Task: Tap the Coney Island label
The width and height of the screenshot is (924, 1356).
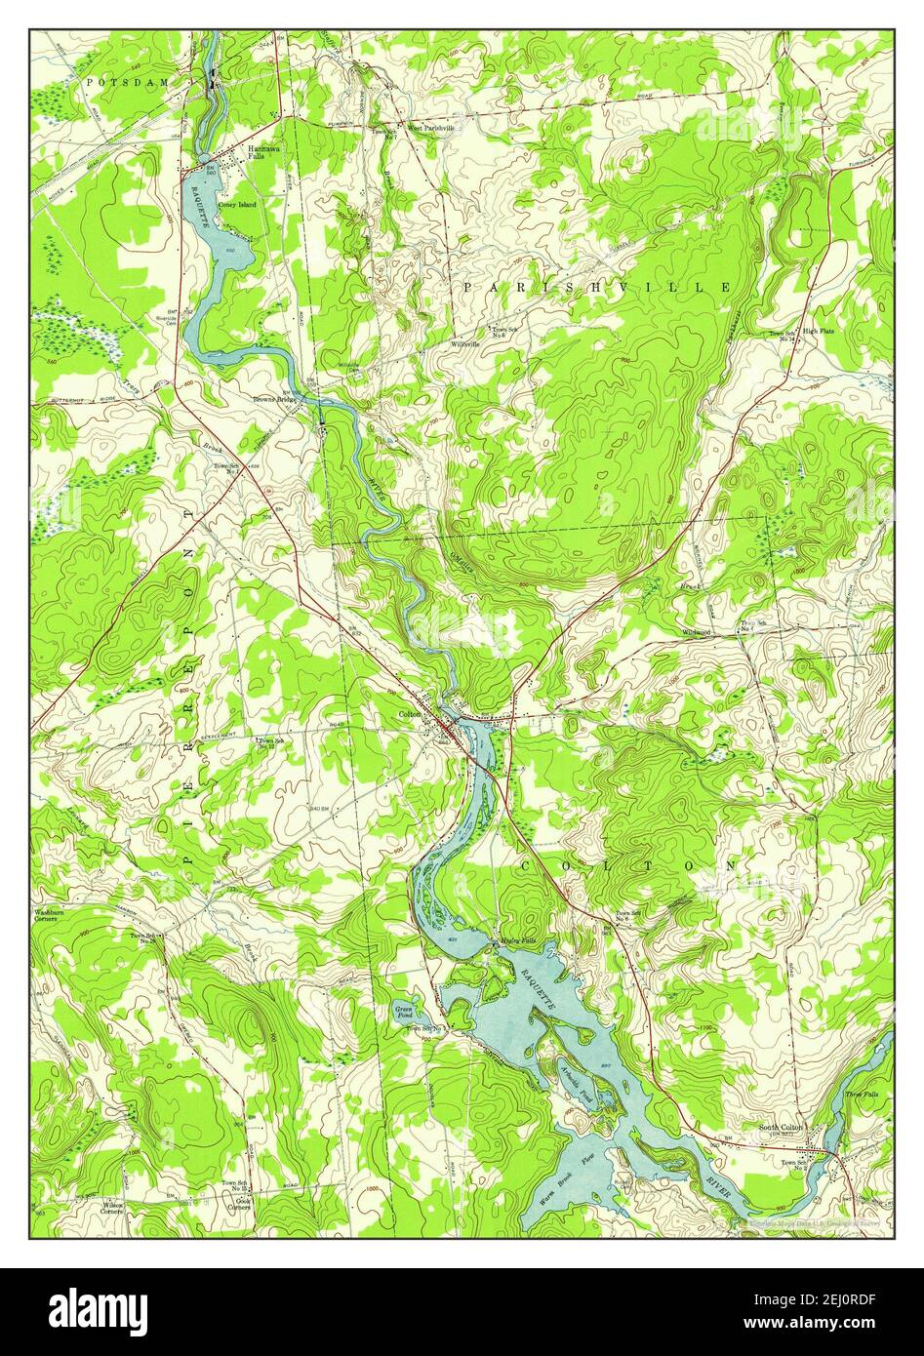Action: tap(237, 205)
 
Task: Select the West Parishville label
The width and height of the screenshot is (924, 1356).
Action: tap(431, 128)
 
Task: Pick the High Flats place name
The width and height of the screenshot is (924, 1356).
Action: tap(819, 332)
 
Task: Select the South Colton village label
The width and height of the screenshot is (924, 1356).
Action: tap(781, 1128)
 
